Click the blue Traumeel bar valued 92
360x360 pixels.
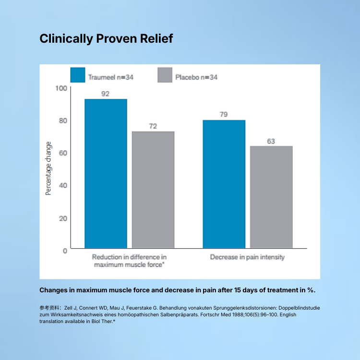point(106,173)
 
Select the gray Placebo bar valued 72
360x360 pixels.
point(153,190)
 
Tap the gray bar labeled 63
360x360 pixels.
point(271,197)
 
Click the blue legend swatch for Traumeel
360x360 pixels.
point(78,75)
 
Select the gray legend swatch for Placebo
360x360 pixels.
point(165,75)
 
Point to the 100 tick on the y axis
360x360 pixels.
point(61,88)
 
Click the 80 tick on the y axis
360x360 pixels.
point(62,120)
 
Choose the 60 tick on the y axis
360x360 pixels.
point(62,153)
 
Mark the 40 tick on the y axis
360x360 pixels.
point(62,185)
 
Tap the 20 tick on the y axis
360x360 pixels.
point(62,218)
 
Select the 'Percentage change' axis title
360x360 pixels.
point(48,168)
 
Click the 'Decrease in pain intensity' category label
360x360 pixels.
point(247,257)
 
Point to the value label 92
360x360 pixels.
point(106,94)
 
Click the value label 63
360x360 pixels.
point(271,141)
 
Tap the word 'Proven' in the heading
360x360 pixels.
point(115,39)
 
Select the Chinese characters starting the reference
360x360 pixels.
point(49,307)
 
